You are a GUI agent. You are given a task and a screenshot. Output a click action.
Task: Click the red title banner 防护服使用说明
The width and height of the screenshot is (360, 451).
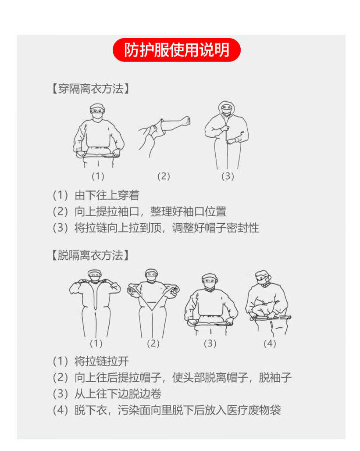(x=176, y=50)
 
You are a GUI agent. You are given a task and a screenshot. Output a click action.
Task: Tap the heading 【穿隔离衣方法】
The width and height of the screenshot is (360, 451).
(x=90, y=89)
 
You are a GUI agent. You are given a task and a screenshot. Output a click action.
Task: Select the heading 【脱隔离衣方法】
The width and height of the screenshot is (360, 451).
(x=90, y=255)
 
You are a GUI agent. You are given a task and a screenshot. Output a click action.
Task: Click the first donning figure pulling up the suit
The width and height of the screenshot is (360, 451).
(x=99, y=136)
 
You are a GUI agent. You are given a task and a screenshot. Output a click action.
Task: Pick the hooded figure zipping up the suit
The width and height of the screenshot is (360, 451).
(x=227, y=135)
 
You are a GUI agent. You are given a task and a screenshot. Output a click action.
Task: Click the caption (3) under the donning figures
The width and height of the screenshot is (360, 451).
(x=228, y=176)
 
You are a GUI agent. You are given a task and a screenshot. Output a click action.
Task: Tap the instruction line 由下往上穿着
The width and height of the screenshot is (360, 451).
(x=96, y=195)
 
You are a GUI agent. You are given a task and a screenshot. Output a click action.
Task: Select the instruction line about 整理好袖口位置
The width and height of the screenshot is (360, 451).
(x=139, y=211)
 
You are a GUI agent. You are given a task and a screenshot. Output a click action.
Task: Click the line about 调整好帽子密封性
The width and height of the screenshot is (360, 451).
(x=156, y=228)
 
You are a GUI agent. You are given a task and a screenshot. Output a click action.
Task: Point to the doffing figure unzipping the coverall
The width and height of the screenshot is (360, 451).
(x=95, y=304)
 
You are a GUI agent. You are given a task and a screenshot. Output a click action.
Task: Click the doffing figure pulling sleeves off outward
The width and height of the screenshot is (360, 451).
(x=153, y=304)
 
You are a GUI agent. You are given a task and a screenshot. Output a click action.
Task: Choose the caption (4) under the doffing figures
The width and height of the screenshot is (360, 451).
(x=270, y=343)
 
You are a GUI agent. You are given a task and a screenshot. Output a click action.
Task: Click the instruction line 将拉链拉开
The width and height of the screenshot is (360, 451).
(x=91, y=361)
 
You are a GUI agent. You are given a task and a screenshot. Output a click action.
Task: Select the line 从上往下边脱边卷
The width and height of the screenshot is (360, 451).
(x=107, y=394)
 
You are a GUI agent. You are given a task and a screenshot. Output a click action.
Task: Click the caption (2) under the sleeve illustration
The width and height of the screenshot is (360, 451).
(x=164, y=176)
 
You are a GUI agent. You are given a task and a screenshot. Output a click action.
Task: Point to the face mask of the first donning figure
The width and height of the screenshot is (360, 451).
(x=98, y=116)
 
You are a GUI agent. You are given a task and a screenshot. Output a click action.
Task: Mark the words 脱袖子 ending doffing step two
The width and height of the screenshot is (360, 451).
(x=275, y=377)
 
